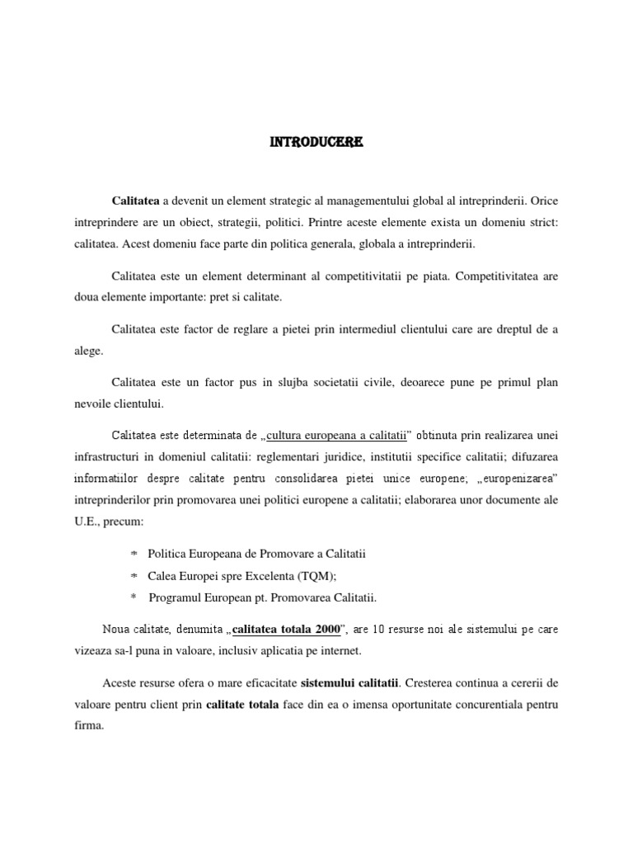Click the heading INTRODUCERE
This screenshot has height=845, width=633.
click(316, 143)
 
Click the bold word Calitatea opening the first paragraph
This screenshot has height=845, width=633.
click(136, 201)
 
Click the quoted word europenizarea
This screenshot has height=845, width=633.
click(518, 478)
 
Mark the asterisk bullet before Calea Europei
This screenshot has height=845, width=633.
click(134, 576)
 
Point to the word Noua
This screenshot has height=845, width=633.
click(117, 630)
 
